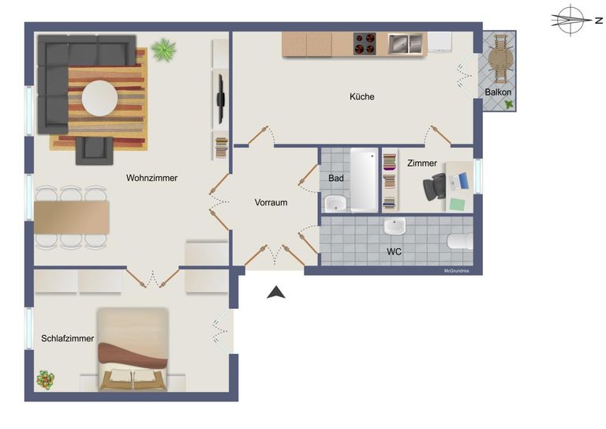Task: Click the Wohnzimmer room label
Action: [151, 178]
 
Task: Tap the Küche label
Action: [362, 96]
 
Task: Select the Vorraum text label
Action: [271, 202]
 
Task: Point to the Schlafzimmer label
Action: [68, 338]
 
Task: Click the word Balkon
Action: [498, 92]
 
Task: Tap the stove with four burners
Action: [365, 43]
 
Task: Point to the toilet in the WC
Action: [459, 241]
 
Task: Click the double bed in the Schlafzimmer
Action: [133, 349]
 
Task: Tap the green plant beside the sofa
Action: [164, 51]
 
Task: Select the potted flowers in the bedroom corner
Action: [47, 379]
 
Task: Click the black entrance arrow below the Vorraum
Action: [275, 293]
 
